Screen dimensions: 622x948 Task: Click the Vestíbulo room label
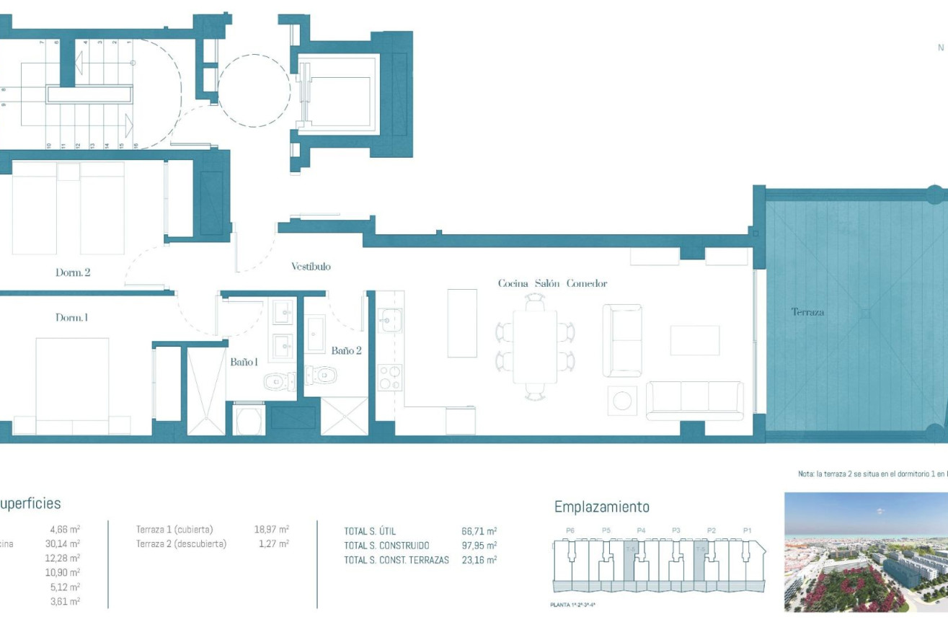(x=311, y=267)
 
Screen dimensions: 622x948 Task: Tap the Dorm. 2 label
(x=73, y=273)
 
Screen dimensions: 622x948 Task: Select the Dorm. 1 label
(x=71, y=318)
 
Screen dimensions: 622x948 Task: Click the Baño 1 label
(x=244, y=363)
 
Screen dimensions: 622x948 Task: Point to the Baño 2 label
(x=345, y=351)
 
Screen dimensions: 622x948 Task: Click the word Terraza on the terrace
(x=807, y=312)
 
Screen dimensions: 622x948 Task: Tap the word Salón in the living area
(x=547, y=283)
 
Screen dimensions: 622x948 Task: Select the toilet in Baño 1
(x=278, y=381)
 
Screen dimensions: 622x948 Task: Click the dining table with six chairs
(x=535, y=347)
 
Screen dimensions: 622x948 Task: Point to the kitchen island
(x=461, y=323)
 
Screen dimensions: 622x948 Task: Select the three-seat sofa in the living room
(x=694, y=400)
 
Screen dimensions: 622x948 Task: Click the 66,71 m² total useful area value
(x=479, y=531)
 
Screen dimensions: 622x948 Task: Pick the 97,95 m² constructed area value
(x=479, y=546)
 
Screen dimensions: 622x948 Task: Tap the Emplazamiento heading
(x=601, y=507)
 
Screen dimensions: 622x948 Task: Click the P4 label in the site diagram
(x=641, y=530)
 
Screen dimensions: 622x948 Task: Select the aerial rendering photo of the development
(x=866, y=552)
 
